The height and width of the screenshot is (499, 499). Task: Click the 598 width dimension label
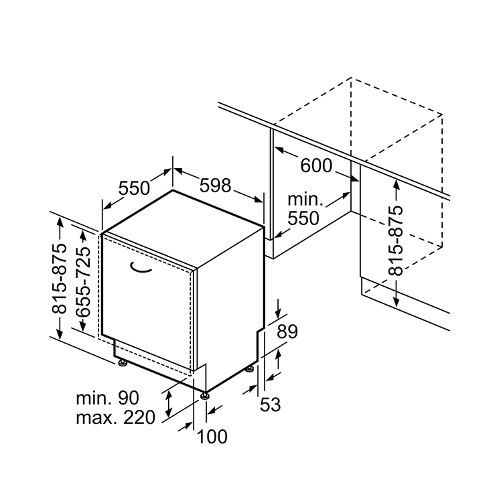tap(216, 185)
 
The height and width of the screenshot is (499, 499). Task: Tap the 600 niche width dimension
tap(316, 165)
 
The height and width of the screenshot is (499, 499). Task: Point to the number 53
tap(270, 404)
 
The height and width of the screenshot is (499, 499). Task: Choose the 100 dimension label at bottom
tap(212, 437)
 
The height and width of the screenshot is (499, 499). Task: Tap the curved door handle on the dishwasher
tap(143, 269)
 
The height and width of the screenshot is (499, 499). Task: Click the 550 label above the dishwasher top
tap(135, 188)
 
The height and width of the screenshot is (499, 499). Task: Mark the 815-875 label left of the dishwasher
tap(60, 278)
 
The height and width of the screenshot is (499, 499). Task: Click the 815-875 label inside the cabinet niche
tap(396, 240)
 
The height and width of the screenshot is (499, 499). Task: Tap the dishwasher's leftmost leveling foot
tap(123, 363)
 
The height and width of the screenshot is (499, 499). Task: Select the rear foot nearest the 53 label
tap(249, 368)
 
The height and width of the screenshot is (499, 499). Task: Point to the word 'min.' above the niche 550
tap(305, 200)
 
